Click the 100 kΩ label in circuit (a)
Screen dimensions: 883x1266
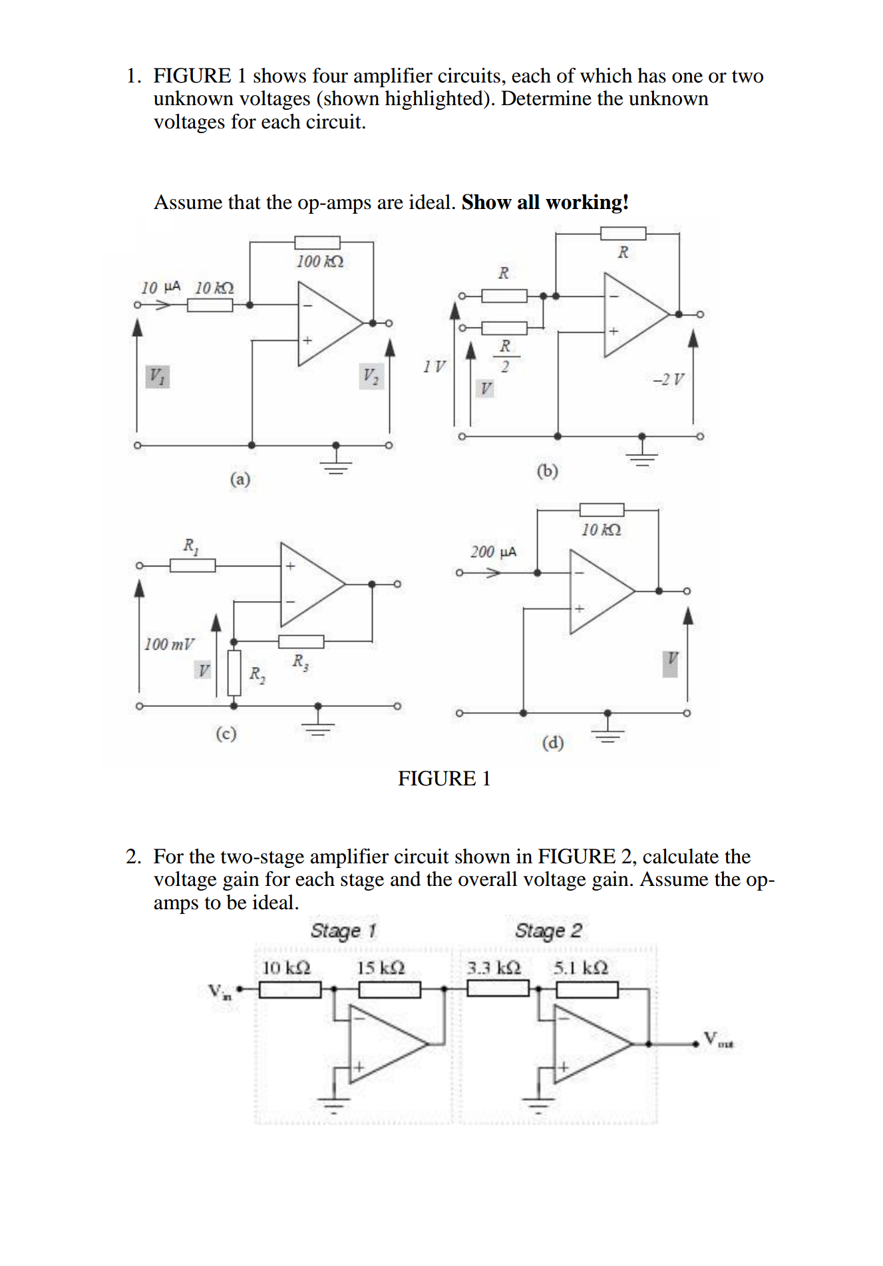[320, 261]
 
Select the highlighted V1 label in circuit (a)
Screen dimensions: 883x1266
[157, 376]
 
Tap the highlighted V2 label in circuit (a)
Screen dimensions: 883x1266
[371, 376]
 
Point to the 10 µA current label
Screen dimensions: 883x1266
[160, 287]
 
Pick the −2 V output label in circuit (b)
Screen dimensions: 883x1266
[668, 379]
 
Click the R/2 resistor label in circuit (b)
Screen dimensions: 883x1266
[505, 356]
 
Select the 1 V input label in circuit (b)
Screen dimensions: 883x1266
[435, 366]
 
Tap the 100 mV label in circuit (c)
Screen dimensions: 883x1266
[169, 644]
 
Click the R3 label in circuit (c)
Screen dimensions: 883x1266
[300, 662]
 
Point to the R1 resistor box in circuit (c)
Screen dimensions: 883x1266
[192, 566]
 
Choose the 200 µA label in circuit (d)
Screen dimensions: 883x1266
[493, 552]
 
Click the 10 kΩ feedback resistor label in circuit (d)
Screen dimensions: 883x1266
[601, 530]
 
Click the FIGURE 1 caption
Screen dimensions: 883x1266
[444, 778]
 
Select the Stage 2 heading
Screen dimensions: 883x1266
[548, 930]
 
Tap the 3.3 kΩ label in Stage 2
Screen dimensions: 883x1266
[493, 967]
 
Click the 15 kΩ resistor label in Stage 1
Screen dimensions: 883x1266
[380, 967]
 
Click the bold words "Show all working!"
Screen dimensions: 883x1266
[545, 202]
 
